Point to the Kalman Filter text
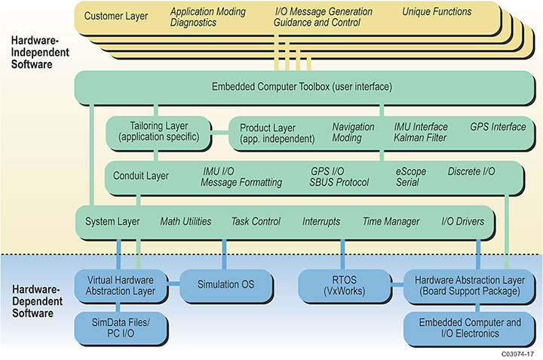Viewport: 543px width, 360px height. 420,138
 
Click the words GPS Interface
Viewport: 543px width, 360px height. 498,127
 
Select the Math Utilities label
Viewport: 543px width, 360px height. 186,221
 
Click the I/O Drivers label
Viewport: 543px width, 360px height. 463,221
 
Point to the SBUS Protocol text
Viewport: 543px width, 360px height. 339,183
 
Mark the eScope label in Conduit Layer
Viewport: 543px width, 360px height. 411,171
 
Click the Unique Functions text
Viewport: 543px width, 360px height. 436,11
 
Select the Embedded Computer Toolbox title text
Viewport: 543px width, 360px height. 302,87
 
